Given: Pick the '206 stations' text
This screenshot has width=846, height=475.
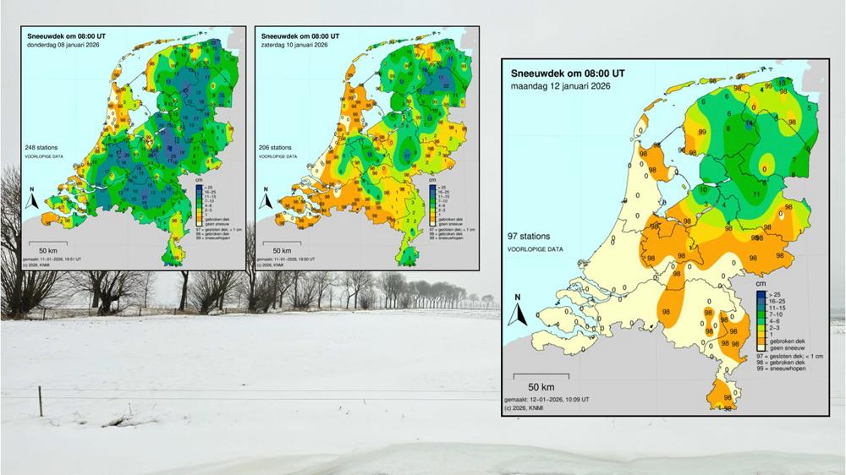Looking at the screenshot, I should pyautogui.click(x=277, y=146).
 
